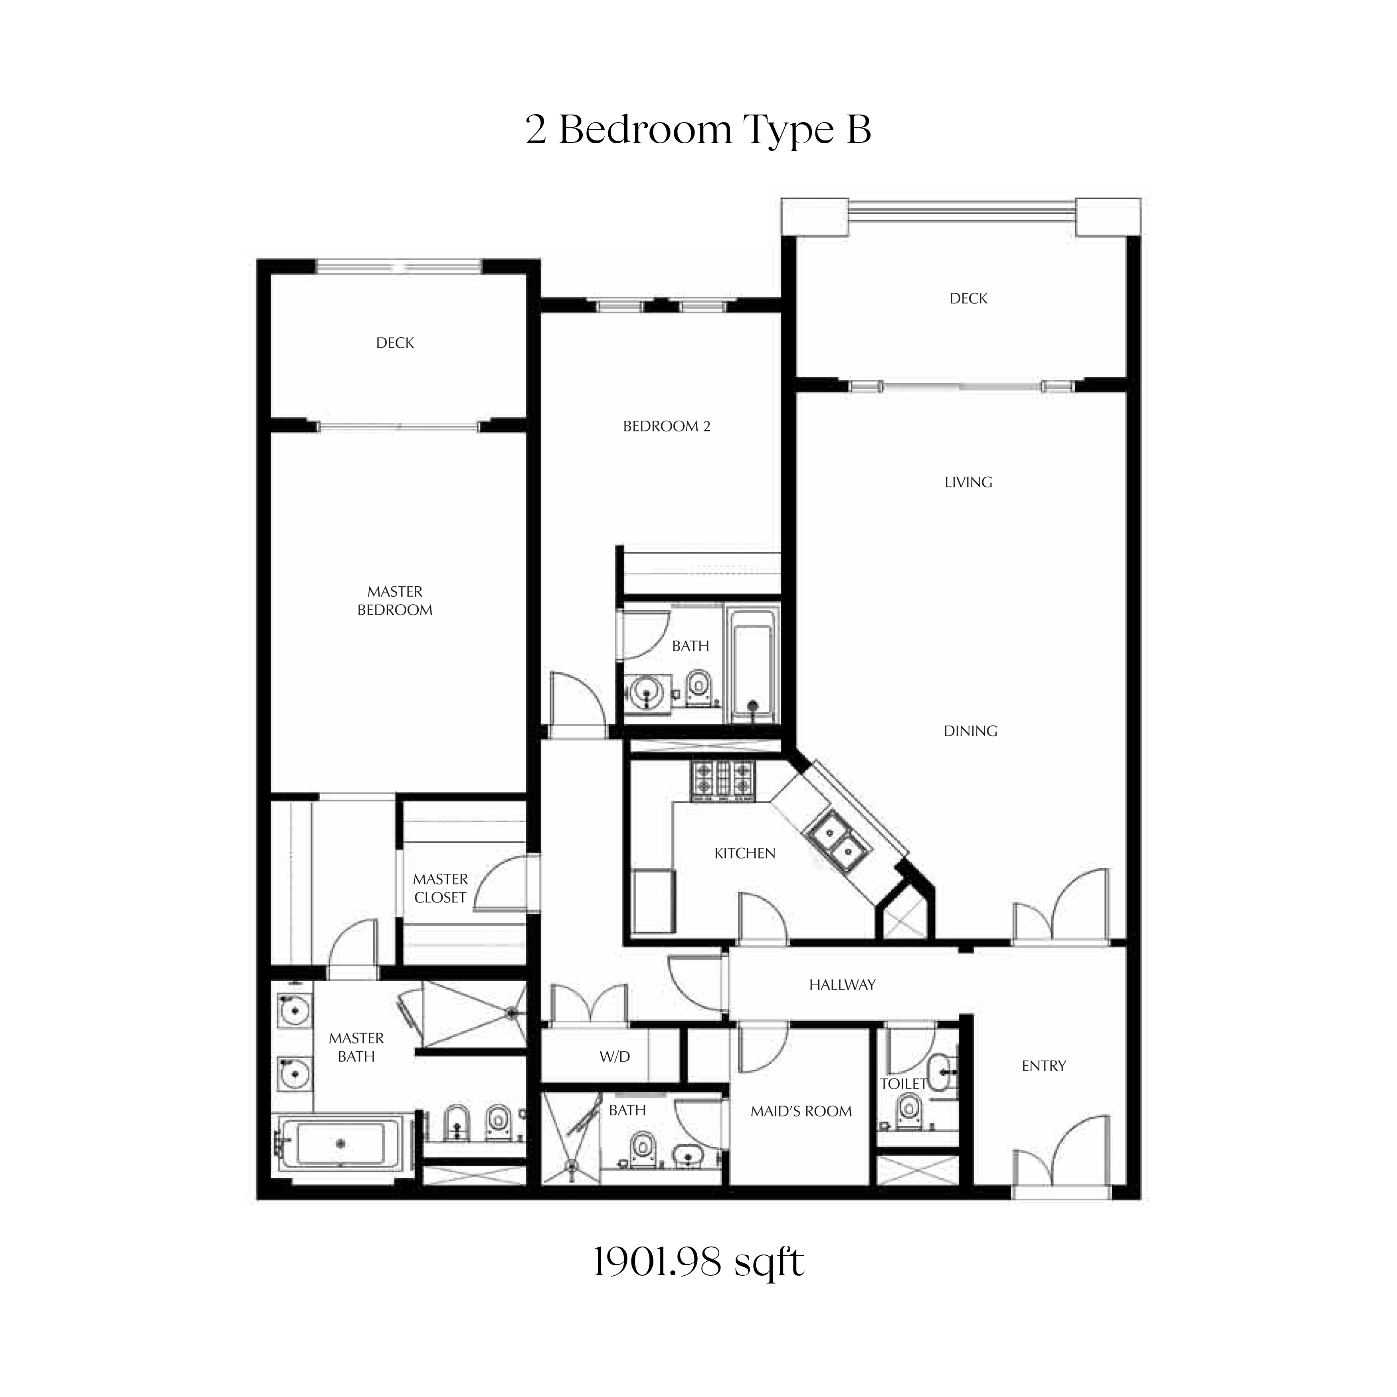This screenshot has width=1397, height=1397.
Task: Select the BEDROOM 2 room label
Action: point(667,427)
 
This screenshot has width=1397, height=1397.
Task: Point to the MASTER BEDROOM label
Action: point(395,601)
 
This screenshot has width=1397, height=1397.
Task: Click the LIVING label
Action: point(968,482)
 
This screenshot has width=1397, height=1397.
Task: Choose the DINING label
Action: point(970,731)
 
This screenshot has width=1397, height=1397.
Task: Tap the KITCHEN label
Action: point(745,853)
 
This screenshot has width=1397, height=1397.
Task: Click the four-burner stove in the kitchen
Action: point(723,782)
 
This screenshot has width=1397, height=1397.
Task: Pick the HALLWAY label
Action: point(843,985)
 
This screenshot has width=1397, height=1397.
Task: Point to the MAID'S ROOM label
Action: point(801,1111)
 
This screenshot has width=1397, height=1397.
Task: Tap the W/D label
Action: point(615,1057)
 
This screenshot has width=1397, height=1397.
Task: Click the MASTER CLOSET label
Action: point(440,888)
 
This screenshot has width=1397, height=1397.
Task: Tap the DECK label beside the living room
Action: point(968,299)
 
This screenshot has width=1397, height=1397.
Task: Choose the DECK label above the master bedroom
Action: point(395,343)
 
